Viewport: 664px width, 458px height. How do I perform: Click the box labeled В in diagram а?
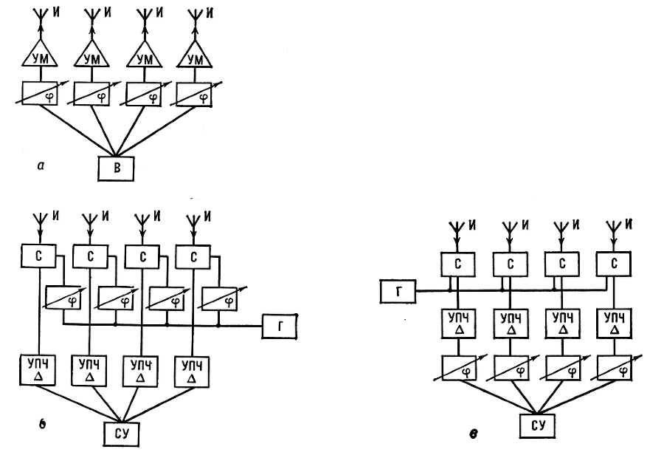click(x=117, y=169)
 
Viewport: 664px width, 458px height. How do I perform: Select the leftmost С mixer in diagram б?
click(x=38, y=257)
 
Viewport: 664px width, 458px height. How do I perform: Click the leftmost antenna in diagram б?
click(x=38, y=221)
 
